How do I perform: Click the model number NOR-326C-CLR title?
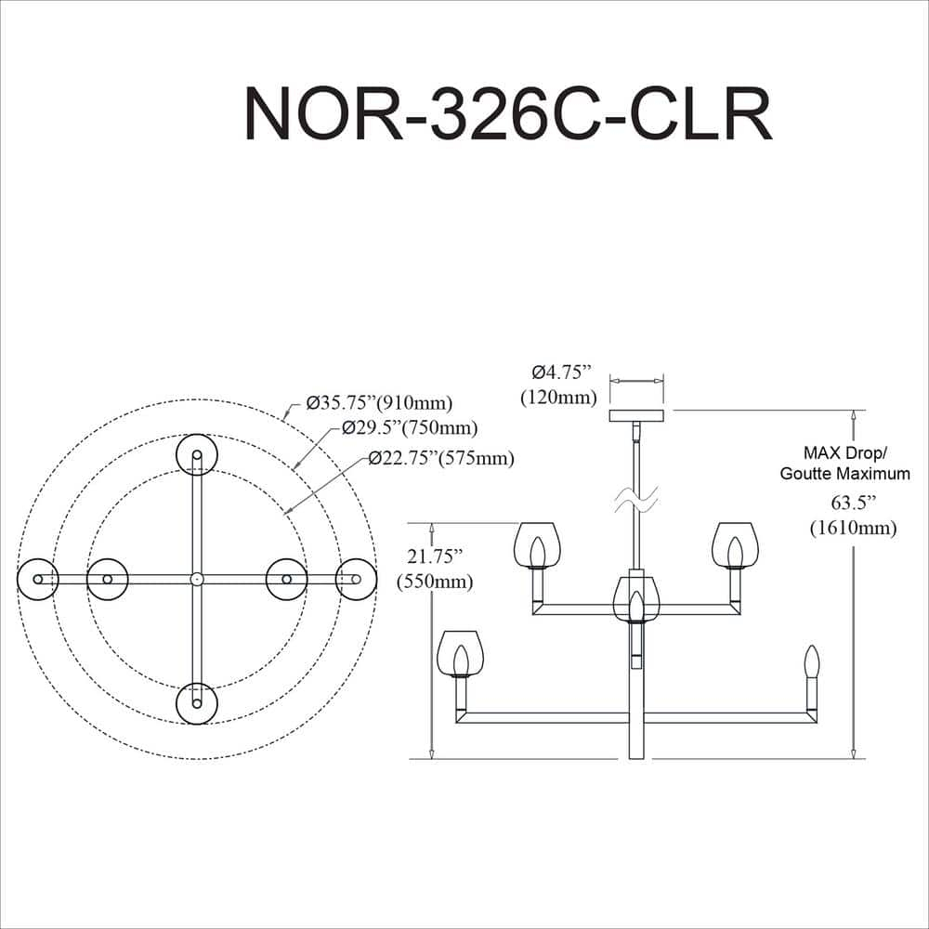point(507,113)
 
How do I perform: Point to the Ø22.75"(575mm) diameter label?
point(440,458)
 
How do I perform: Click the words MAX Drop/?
point(845,453)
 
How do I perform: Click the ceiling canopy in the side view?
point(636,415)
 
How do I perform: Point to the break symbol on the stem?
point(636,501)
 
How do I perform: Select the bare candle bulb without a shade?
point(811,661)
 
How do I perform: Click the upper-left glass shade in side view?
point(536,543)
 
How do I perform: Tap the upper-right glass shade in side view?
point(735,543)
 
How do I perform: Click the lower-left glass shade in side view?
point(460,653)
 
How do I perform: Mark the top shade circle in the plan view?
point(197,454)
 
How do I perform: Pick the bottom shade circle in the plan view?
point(197,703)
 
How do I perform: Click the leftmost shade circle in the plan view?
point(38,579)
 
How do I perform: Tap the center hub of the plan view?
point(197,579)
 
